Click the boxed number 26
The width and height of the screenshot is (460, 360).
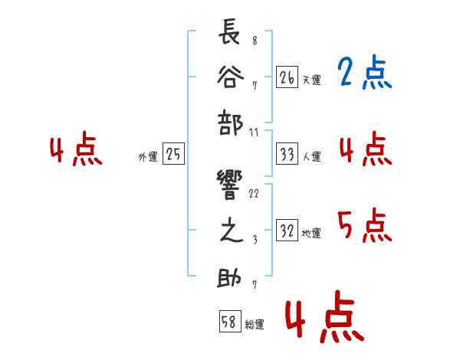287,77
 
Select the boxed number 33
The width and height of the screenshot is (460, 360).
287,155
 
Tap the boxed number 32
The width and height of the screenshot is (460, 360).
287,231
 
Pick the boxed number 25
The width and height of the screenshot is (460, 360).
173,155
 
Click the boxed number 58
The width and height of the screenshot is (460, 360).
229,322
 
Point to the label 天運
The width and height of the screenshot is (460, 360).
312,80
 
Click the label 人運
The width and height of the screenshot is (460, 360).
312,157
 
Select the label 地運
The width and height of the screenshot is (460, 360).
312,234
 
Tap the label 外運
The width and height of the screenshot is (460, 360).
147,157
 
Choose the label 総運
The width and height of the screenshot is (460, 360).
255,325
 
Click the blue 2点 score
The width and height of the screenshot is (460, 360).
364,74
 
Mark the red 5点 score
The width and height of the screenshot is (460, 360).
364,225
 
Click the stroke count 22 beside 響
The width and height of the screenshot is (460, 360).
255,193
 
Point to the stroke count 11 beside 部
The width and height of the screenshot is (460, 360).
255,133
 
